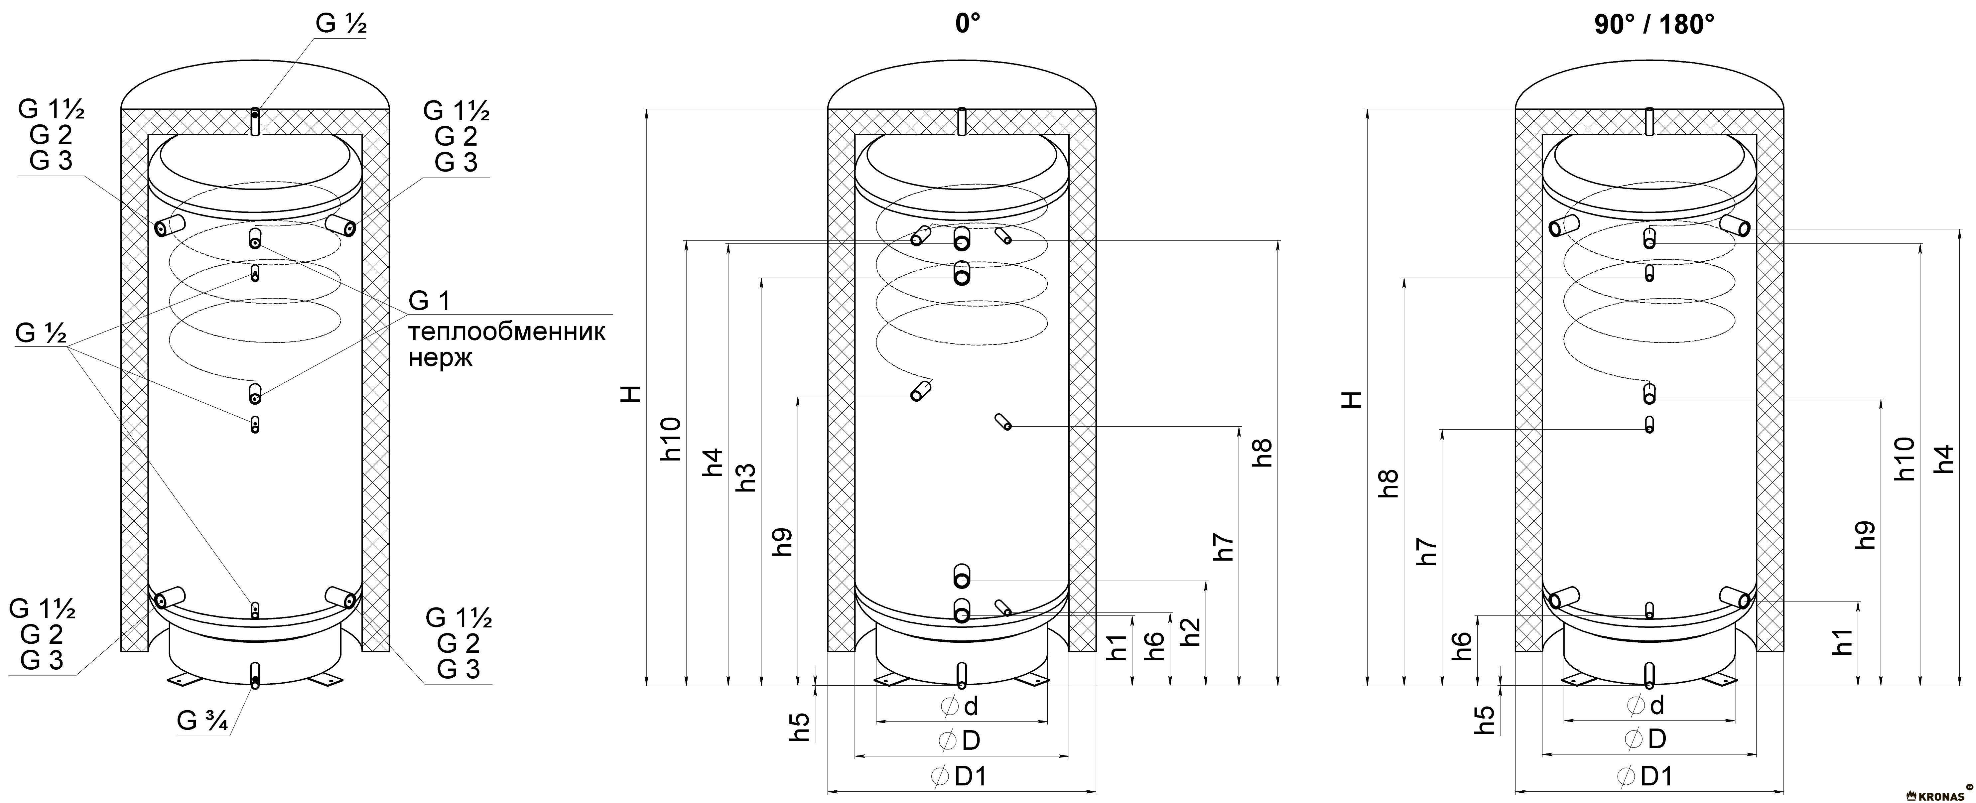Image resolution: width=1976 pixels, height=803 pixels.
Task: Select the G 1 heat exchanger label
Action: coord(430,301)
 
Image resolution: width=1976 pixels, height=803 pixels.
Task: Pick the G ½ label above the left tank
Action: coord(340,24)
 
